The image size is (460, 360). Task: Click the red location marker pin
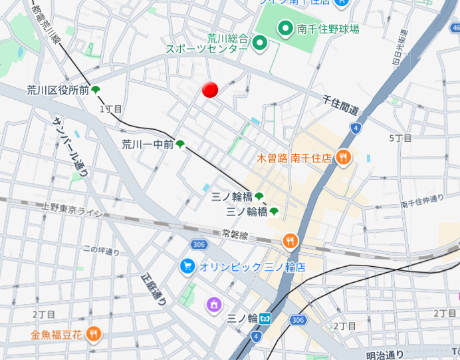click(x=210, y=90)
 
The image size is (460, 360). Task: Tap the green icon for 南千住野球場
click(x=286, y=28)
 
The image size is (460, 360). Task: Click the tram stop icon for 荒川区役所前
click(x=96, y=90)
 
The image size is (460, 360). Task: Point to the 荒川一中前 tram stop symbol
click(x=180, y=144)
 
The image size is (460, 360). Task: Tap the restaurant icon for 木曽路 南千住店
click(x=343, y=158)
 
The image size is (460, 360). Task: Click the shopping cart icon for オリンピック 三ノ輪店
click(x=187, y=266)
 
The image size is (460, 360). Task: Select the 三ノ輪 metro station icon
click(x=265, y=318)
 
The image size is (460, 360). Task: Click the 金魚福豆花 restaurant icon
click(x=94, y=333)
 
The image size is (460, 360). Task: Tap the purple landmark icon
click(x=214, y=305)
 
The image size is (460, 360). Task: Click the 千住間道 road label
click(x=340, y=104)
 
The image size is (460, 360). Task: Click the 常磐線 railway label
click(x=235, y=235)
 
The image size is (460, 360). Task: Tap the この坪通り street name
click(x=101, y=251)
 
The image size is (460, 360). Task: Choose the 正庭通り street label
click(x=154, y=290)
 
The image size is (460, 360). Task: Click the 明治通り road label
click(x=385, y=355)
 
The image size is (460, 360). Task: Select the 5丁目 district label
click(x=400, y=138)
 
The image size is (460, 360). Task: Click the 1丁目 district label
click(x=111, y=108)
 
